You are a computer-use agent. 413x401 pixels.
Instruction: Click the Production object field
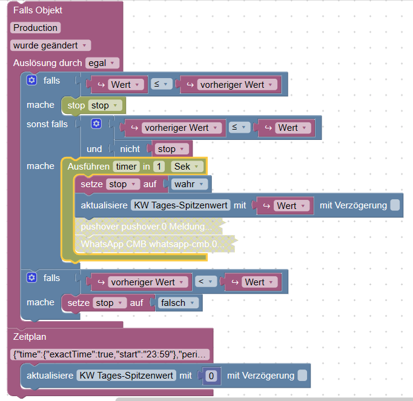pos(36,28)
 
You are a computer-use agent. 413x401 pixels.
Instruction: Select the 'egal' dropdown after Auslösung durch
pos(102,63)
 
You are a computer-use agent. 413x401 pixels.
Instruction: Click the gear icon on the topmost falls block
pos(32,81)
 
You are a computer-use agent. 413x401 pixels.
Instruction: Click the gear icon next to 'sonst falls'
pos(96,124)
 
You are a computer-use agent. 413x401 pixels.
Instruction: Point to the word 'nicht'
pos(130,149)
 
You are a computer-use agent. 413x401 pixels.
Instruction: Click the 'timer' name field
pos(127,166)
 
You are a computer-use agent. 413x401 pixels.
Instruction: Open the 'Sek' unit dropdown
pos(187,166)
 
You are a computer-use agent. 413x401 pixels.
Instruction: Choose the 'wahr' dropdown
pos(190,184)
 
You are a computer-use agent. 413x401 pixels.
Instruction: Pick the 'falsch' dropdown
pos(177,302)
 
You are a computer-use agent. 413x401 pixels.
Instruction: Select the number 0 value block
pos(211,376)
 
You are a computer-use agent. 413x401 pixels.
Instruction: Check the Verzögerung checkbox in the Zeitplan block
pos(302,376)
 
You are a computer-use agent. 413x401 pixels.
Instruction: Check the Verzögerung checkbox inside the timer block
pos(395,205)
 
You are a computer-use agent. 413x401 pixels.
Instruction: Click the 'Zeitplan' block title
pos(30,337)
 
